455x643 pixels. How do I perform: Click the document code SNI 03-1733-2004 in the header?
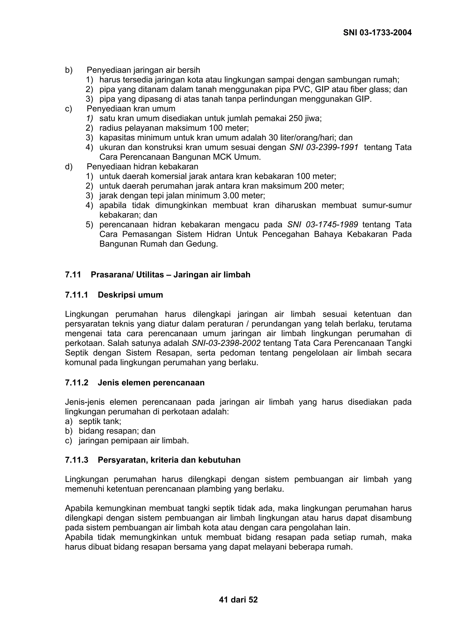(377, 33)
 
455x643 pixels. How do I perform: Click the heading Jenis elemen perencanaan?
(151, 383)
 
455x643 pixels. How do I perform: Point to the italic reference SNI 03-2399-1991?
(324, 147)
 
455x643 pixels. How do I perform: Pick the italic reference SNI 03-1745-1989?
(322, 225)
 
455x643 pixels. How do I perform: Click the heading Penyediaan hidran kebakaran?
(142, 167)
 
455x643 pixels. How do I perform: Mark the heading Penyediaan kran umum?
(131, 109)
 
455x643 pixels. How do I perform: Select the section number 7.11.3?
(76, 460)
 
